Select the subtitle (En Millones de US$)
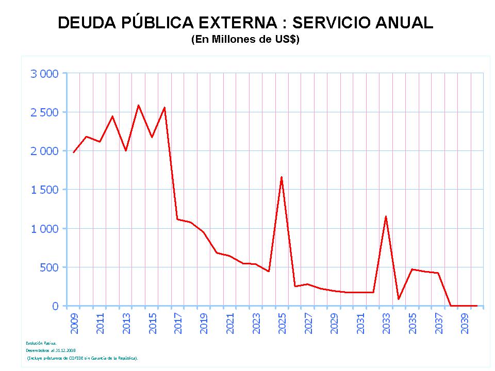[245, 40]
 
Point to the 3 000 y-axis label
[45, 74]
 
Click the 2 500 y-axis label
[45, 112]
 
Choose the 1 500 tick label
[45, 190]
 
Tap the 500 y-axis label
[49, 267]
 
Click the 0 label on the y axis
[56, 306]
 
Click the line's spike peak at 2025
[282, 177]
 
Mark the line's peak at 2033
[386, 216]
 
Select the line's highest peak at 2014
[138, 105]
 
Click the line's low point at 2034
[399, 299]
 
